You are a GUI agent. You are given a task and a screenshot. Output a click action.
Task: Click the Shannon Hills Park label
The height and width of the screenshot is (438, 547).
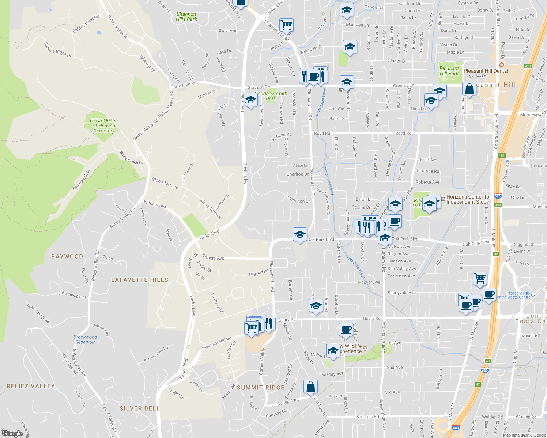click(186, 16)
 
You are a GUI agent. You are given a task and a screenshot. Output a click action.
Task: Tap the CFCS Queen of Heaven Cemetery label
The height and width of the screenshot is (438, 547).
click(104, 126)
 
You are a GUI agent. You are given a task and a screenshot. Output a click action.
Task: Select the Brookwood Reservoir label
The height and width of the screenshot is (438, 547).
click(85, 339)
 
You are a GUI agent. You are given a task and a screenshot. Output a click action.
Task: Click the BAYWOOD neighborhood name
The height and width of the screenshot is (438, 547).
click(67, 257)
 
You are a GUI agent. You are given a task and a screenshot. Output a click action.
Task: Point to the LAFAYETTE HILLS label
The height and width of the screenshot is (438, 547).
click(140, 280)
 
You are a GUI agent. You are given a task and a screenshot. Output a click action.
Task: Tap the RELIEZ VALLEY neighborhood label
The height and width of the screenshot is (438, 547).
click(31, 386)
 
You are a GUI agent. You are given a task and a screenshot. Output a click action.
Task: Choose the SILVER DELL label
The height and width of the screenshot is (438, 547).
click(140, 408)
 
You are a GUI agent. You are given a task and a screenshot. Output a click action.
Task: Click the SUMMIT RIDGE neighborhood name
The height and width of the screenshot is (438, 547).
click(260, 388)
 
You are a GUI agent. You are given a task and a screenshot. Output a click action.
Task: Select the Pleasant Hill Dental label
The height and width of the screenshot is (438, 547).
click(486, 71)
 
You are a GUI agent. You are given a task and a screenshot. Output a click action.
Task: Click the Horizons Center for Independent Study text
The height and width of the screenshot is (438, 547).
click(468, 199)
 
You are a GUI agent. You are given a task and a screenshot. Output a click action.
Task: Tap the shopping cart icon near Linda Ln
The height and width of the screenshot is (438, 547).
click(286, 25)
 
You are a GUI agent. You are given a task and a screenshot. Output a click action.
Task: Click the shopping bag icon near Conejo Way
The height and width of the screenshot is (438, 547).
click(310, 387)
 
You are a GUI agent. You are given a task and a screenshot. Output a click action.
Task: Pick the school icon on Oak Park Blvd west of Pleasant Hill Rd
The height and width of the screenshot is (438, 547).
click(300, 235)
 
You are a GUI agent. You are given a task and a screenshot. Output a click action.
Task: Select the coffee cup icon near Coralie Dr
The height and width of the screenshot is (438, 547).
click(346, 329)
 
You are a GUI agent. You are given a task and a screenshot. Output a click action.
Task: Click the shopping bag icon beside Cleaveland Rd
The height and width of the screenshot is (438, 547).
click(469, 89)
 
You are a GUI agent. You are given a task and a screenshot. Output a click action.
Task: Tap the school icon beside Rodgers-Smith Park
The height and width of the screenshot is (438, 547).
click(250, 100)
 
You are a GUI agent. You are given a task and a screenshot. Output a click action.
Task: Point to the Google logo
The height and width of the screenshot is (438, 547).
click(12, 433)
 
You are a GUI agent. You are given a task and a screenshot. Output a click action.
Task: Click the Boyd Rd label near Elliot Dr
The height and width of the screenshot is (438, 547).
click(322, 134)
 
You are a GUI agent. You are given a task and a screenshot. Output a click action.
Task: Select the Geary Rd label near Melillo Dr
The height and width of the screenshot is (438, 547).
click(287, 320)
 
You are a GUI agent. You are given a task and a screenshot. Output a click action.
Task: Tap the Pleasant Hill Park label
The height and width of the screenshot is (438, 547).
click(449, 71)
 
